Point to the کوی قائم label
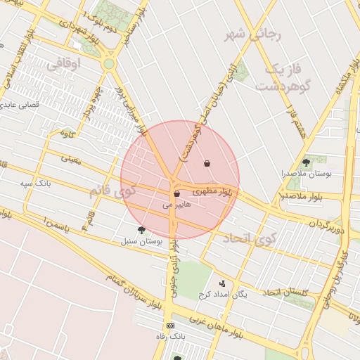(x=110, y=191)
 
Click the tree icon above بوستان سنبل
(x=141, y=230)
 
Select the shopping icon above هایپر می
(x=176, y=193)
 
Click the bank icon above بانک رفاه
(x=170, y=326)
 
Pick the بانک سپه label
(x=36, y=184)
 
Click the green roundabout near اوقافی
(x=108, y=64)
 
